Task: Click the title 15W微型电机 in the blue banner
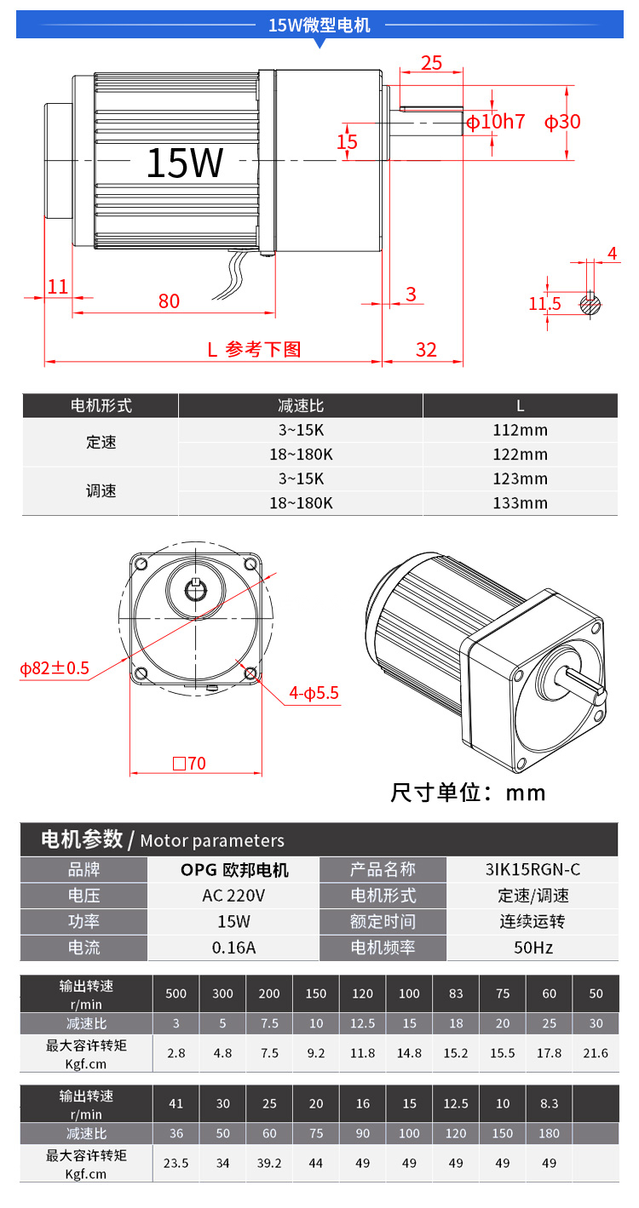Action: [x=319, y=25]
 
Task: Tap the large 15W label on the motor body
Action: [x=185, y=163]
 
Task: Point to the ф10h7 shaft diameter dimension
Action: [x=496, y=122]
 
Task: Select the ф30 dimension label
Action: [x=562, y=122]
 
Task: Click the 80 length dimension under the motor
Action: [x=169, y=301]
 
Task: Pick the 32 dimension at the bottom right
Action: [x=426, y=349]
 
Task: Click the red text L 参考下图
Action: [x=254, y=349]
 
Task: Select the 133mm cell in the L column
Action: [x=521, y=503]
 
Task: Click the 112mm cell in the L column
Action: [x=521, y=431]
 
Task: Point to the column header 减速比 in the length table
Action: [x=301, y=405]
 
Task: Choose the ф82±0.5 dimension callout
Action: [x=55, y=669]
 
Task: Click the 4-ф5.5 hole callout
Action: [x=314, y=693]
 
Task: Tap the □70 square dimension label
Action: [x=189, y=764]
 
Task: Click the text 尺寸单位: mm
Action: [x=468, y=793]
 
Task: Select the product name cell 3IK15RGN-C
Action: [x=532, y=870]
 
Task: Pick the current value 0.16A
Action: [x=233, y=948]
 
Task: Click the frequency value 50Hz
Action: [x=533, y=948]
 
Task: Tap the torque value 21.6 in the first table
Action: [x=596, y=1053]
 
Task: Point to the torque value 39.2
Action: [x=269, y=1163]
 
